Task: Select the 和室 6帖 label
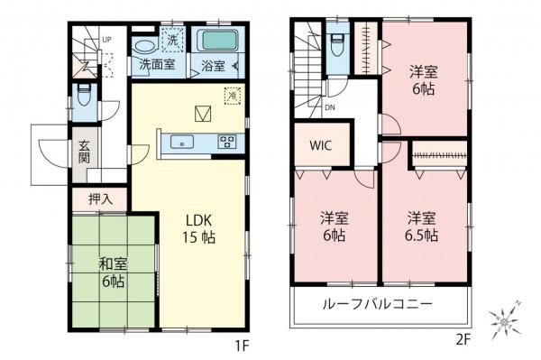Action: tap(114, 272)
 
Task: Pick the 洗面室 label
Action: tap(156, 65)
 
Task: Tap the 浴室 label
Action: tap(213, 65)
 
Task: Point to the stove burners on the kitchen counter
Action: tap(225, 141)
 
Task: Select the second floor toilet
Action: tap(335, 44)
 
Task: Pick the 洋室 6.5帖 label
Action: tap(421, 227)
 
